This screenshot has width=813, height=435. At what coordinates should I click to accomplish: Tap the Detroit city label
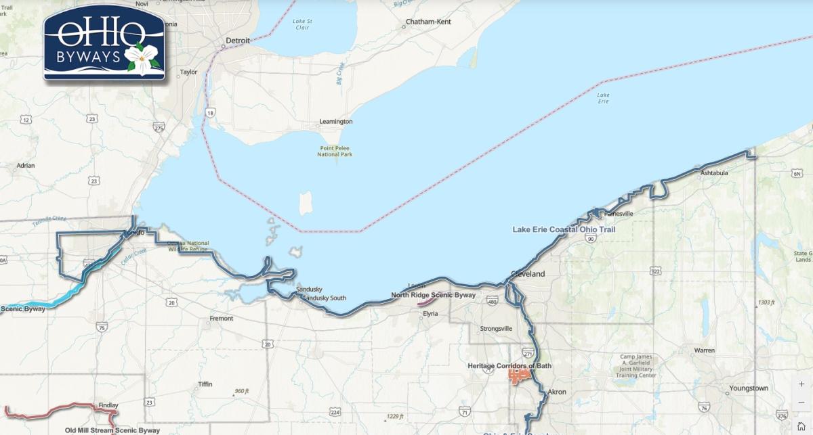(x=238, y=41)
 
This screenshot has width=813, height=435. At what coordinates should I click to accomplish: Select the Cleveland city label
(x=528, y=275)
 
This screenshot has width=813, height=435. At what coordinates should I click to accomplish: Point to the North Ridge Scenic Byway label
(x=434, y=296)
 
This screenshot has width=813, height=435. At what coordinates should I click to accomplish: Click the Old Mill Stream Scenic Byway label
(x=112, y=430)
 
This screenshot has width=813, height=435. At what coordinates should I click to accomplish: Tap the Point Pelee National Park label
(x=335, y=151)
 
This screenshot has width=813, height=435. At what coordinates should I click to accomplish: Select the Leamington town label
(x=336, y=122)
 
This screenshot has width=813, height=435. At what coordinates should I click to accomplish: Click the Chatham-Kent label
(x=428, y=22)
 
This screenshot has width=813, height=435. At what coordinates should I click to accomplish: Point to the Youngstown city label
(x=749, y=388)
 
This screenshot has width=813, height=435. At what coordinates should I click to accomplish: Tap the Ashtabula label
(x=714, y=173)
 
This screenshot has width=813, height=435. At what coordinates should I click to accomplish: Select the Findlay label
(x=108, y=405)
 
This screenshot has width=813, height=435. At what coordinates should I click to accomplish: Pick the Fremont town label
(x=222, y=319)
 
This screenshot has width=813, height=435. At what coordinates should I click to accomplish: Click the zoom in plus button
(x=801, y=384)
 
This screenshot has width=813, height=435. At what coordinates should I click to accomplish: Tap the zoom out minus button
(x=801, y=402)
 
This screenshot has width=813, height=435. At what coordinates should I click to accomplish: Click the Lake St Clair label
(x=301, y=24)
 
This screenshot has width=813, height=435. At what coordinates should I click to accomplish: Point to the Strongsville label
(x=497, y=329)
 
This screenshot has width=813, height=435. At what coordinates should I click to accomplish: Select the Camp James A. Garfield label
(x=638, y=366)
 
